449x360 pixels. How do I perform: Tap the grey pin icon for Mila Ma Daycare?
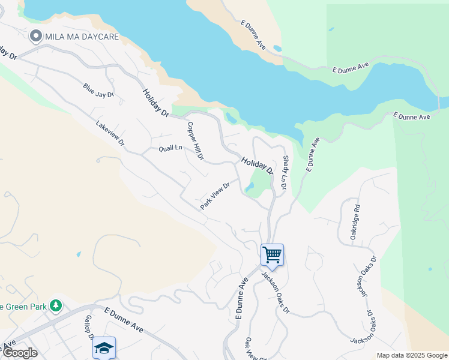[35, 37]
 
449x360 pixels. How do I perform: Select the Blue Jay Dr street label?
[98, 91]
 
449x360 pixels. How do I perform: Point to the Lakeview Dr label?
[110, 134]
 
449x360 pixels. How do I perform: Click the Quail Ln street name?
[170, 148]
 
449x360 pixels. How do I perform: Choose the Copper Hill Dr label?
[196, 142]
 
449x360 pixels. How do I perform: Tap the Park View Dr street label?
[215, 196]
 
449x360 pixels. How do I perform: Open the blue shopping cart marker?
[272, 254]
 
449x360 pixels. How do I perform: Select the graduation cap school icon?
[104, 347]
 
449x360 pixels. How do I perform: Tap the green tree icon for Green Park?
[56, 306]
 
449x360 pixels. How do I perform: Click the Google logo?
[19, 352]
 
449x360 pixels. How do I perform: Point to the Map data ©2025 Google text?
[412, 355]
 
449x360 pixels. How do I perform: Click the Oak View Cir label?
[249, 349]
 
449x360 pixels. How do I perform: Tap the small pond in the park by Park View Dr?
[249, 188]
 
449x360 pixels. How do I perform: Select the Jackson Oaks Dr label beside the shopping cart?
[276, 292]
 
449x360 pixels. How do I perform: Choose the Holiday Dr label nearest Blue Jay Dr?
[156, 103]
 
